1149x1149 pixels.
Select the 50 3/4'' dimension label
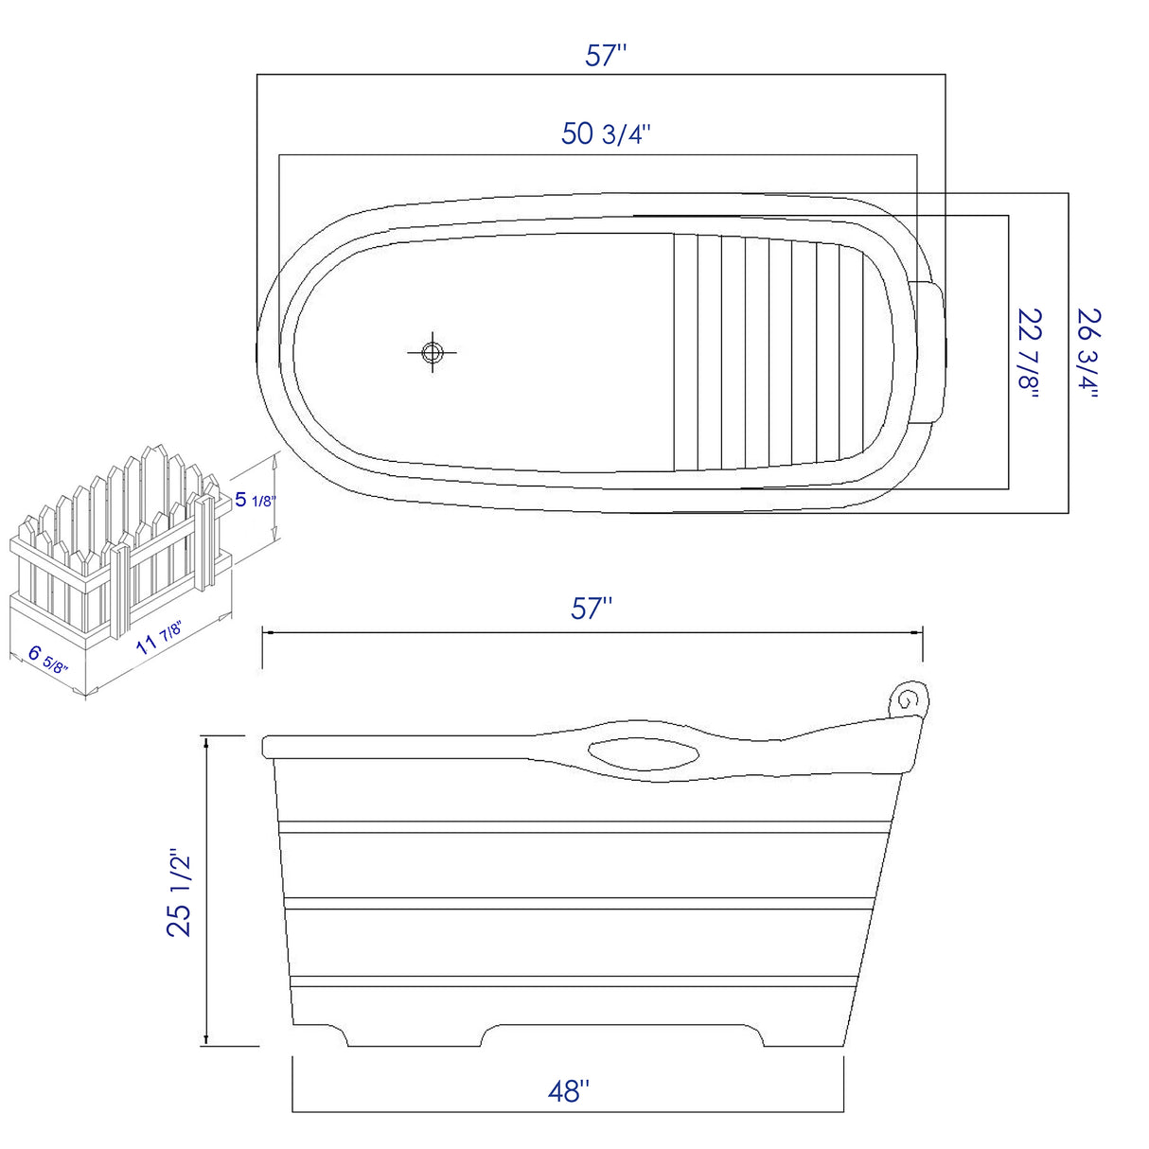pyautogui.click(x=605, y=134)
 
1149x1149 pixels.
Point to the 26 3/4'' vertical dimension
pyautogui.click(x=1088, y=352)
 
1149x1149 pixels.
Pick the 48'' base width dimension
pyautogui.click(x=568, y=1091)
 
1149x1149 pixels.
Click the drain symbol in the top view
pyautogui.click(x=433, y=353)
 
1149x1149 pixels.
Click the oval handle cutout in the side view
pyautogui.click(x=644, y=754)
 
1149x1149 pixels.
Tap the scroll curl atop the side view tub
pyautogui.click(x=910, y=699)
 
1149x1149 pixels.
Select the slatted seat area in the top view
pyautogui.click(x=767, y=352)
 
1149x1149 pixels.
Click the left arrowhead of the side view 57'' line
pyautogui.click(x=266, y=632)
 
